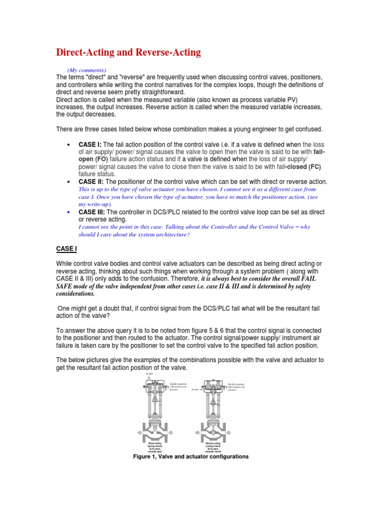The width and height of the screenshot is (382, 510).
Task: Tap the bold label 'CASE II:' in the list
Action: click(x=91, y=182)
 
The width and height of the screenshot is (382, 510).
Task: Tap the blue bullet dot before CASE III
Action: click(x=67, y=212)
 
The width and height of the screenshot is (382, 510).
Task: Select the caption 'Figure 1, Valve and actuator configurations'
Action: click(x=191, y=456)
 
